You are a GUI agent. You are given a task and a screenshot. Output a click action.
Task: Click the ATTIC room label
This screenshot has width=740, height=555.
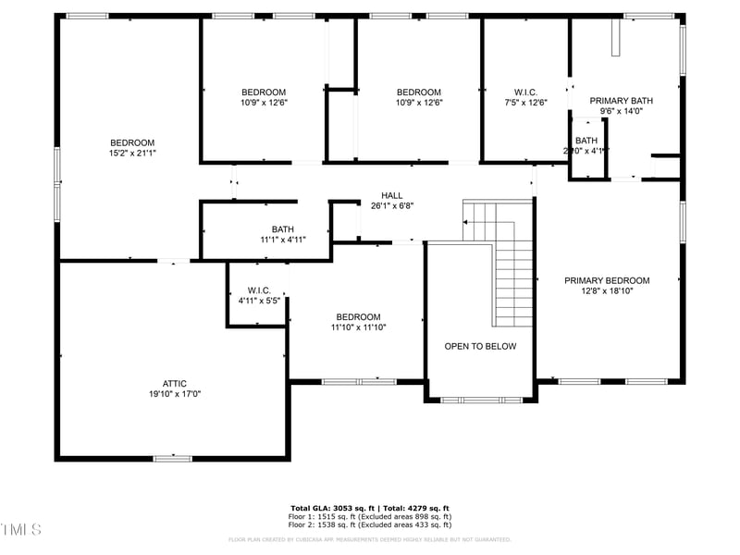(175, 383)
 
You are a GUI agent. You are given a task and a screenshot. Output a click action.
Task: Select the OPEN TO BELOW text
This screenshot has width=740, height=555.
(480, 346)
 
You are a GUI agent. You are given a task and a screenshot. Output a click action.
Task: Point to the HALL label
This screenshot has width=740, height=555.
(392, 195)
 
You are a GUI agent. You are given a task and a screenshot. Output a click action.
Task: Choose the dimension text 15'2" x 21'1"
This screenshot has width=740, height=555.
(132, 153)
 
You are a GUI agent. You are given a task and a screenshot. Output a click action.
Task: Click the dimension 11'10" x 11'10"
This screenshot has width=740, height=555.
(358, 327)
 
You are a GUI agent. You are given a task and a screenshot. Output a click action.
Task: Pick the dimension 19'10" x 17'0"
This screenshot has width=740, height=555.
(175, 393)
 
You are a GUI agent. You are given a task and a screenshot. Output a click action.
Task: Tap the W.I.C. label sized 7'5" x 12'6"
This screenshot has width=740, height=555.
(525, 92)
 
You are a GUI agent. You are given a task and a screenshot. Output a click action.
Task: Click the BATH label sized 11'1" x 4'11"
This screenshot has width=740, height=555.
(282, 229)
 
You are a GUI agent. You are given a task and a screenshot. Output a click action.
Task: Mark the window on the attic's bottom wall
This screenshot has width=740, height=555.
(173, 457)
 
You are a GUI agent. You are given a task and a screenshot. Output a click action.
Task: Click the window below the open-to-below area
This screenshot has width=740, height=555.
(479, 400)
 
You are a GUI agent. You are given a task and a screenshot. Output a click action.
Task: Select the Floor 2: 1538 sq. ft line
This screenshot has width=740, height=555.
(370, 525)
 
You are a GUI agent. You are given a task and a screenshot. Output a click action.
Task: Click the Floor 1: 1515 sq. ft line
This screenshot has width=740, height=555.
(370, 517)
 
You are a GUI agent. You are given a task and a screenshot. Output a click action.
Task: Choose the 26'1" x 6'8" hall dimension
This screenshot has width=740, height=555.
(392, 205)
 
